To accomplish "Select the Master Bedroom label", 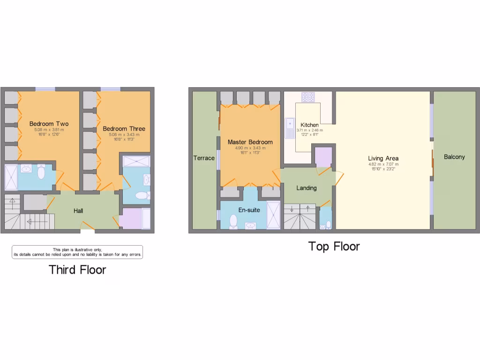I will [x=250, y=142].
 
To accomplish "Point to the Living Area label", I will [x=383, y=158].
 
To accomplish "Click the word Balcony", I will [x=454, y=157].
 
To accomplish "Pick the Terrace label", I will [x=204, y=158].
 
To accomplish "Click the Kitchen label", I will [x=309, y=125].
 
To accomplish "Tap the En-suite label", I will [x=249, y=210].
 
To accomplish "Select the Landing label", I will [x=307, y=188].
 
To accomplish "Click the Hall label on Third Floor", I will [x=78, y=211].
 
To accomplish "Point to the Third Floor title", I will [x=77, y=270].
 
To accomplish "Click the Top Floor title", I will [x=334, y=247].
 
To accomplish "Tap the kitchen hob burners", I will [x=308, y=97].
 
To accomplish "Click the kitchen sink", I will [x=289, y=128].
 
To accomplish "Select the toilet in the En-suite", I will [x=233, y=221].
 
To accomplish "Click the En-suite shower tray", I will [x=273, y=215].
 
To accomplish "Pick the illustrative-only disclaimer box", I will [x=77, y=252].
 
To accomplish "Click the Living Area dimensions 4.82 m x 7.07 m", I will [x=383, y=165].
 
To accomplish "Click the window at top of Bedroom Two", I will [x=45, y=89].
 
